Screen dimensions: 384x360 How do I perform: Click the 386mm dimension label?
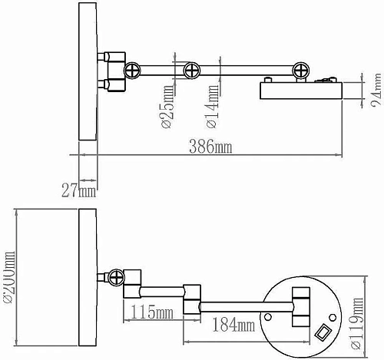tap(210, 147)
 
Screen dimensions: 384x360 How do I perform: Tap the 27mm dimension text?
tap(79, 190)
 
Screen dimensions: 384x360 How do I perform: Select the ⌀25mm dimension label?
tap(167, 107)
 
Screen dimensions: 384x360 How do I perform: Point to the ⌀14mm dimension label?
tap(212, 106)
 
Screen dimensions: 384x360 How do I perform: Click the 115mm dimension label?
tap(152, 312)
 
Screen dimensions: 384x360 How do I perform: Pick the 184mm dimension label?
tap(233, 325)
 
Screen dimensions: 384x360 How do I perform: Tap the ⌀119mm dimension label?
tap(357, 323)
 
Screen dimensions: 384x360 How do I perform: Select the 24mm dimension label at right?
tap(376, 89)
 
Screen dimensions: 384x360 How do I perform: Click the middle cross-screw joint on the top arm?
tap(192, 71)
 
